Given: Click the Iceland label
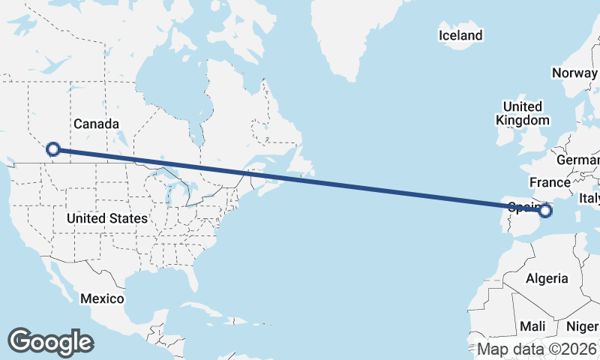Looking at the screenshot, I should pyautogui.click(x=460, y=35).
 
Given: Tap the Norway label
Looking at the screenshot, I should pyautogui.click(x=574, y=73).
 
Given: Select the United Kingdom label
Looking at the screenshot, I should pyautogui.click(x=523, y=113).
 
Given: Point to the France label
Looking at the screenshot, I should pyautogui.click(x=550, y=182).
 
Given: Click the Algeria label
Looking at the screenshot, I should pyautogui.click(x=547, y=278).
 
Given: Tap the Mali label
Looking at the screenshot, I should pyautogui.click(x=532, y=326).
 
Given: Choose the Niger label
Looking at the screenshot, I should pyautogui.click(x=582, y=326).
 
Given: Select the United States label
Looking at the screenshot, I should pyautogui.click(x=106, y=218).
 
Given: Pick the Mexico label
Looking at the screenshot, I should pyautogui.click(x=102, y=298).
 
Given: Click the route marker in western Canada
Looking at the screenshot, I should pyautogui.click(x=53, y=149).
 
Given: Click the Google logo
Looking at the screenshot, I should pyautogui.click(x=50, y=341).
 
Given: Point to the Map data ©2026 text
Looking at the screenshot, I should pyautogui.click(x=537, y=349).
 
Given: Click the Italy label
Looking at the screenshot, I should pyautogui.click(x=589, y=198).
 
